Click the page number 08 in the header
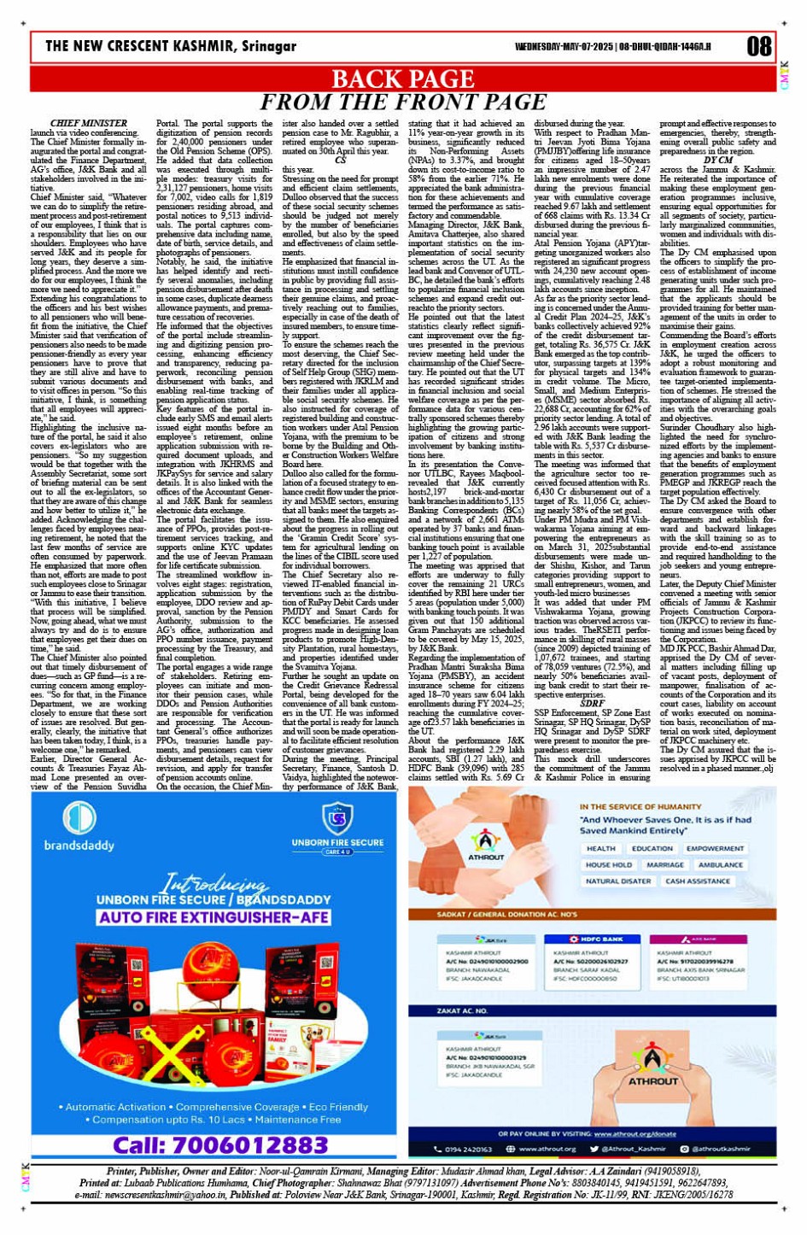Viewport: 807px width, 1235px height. [758, 47]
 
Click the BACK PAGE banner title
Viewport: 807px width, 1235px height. [403, 79]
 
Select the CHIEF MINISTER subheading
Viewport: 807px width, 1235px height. [89, 124]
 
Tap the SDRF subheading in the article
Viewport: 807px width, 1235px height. [592, 703]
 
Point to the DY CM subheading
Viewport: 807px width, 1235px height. [718, 160]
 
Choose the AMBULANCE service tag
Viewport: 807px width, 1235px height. [720, 864]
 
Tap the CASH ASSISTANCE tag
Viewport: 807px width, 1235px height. [697, 881]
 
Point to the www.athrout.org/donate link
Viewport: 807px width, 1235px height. [634, 1134]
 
